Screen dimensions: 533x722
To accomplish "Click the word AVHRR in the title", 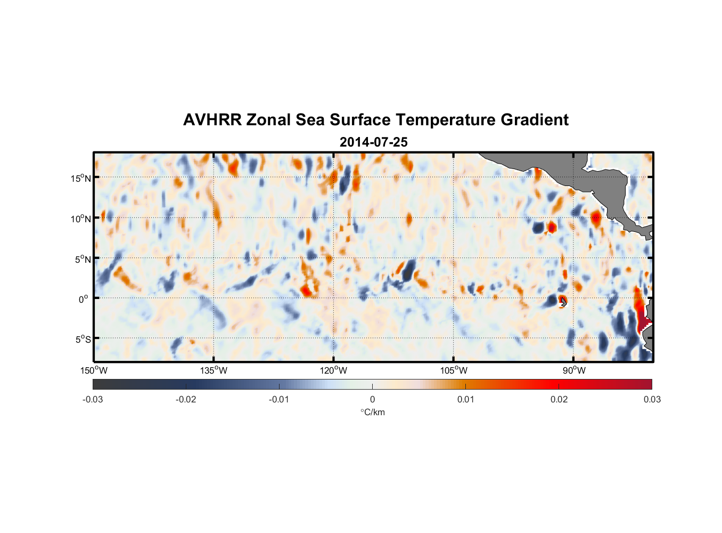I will [212, 120].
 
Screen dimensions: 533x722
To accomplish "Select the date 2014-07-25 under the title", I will [373, 142].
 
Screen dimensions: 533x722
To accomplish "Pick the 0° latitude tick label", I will [84, 300].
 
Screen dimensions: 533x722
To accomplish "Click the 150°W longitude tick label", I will [94, 370].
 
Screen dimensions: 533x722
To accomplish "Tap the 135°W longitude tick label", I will [214, 370].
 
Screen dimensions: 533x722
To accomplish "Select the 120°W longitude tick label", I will [333, 370].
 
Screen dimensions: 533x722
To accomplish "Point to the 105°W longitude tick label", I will [454, 370].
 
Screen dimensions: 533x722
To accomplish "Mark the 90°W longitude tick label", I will [574, 370].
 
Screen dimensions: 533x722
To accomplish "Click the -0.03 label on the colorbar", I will [93, 399].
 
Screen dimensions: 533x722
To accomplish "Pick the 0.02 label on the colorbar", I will [559, 399].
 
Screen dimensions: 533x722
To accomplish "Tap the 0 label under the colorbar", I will [372, 399].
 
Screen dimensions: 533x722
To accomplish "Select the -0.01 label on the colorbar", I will [279, 399].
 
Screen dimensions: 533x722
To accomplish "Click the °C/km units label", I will [372, 412].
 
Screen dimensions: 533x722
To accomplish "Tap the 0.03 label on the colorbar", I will [652, 399].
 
